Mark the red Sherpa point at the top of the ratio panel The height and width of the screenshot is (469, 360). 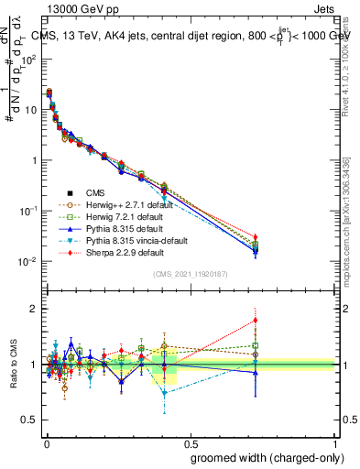256,321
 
